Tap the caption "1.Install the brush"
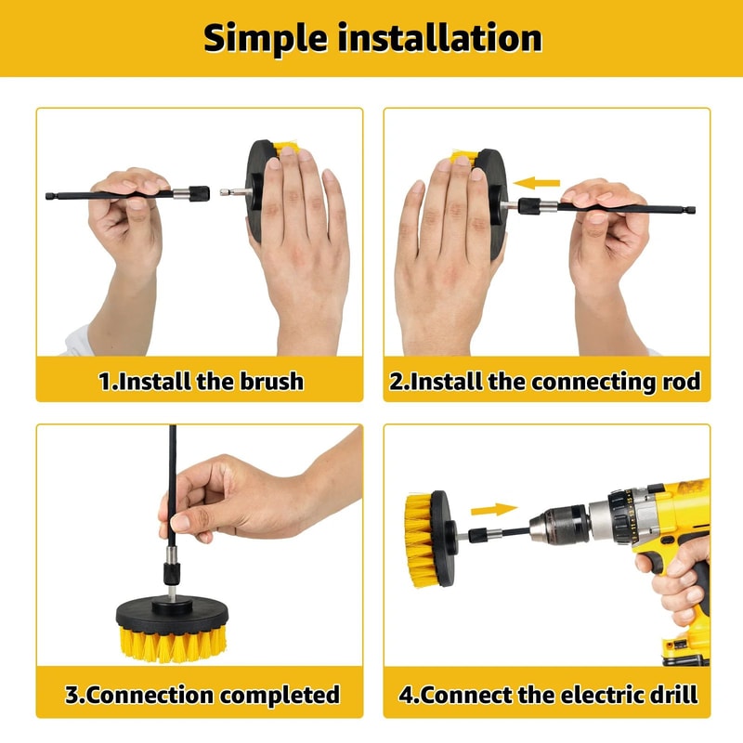[201, 382]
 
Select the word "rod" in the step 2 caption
[680, 382]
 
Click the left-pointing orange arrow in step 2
[538, 183]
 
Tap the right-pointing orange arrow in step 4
[493, 509]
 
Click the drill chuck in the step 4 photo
[567, 526]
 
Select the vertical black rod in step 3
[172, 483]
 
